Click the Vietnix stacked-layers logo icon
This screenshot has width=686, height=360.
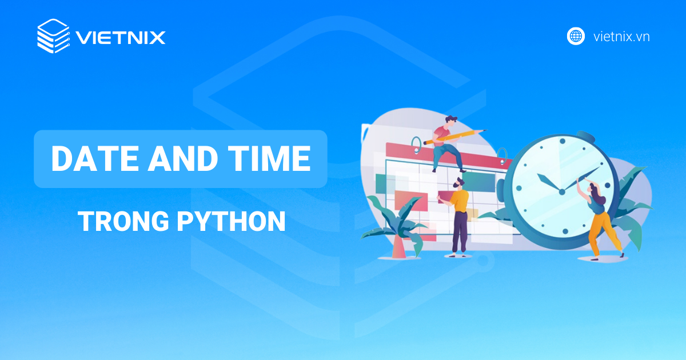pos(53,37)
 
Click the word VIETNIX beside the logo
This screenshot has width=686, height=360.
pos(120,38)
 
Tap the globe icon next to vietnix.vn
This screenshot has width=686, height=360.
pos(576,37)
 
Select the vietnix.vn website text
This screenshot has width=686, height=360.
pos(621,37)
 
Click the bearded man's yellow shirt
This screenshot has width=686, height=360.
pos(459,201)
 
